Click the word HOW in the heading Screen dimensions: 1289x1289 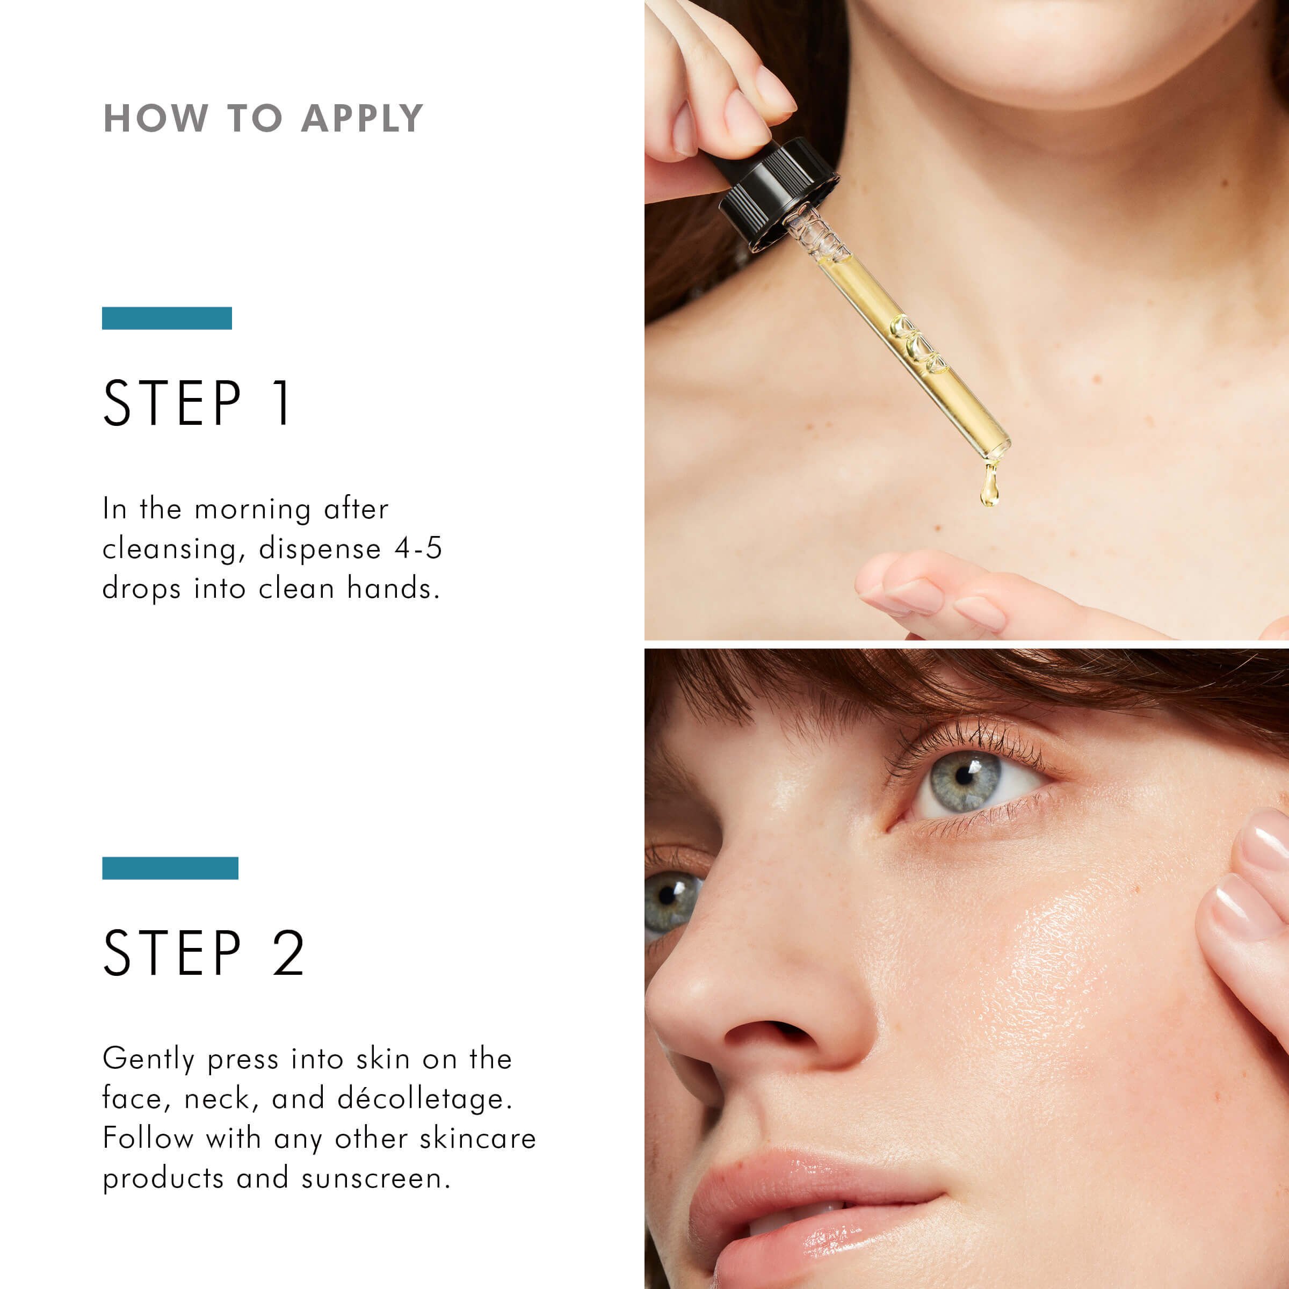coord(155,119)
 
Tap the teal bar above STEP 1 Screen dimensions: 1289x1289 coord(167,318)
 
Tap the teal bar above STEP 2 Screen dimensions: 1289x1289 coord(170,868)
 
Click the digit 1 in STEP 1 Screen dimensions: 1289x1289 coord(283,402)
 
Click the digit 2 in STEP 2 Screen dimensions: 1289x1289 coord(288,953)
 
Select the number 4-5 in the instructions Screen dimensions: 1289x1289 coord(418,548)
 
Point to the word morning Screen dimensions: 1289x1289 coord(252,509)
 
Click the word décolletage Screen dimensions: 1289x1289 coord(424,1098)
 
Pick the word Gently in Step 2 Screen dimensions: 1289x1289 coord(148,1059)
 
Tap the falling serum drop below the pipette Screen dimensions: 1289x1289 coord(989,487)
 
